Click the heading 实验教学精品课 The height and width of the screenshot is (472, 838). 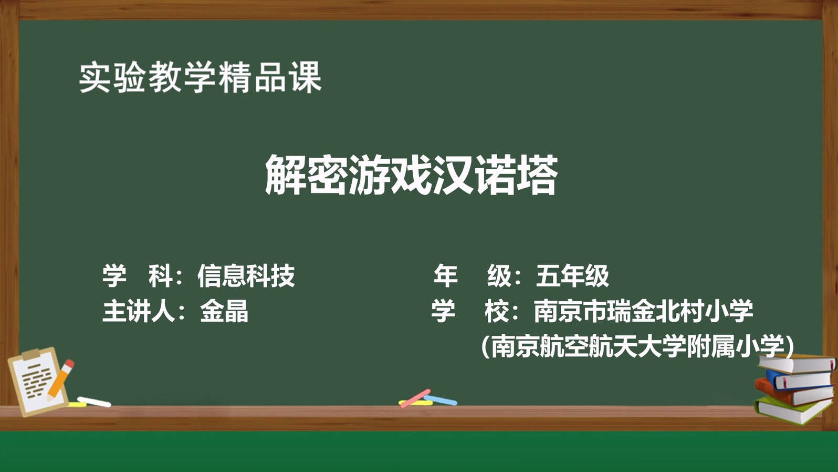[x=200, y=78]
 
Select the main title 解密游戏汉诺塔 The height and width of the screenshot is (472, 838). [x=412, y=175]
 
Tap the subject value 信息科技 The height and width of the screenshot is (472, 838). [x=246, y=276]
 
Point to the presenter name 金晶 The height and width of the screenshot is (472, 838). [x=224, y=311]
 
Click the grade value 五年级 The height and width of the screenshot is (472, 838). [x=572, y=276]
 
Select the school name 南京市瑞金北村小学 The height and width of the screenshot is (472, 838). [x=644, y=311]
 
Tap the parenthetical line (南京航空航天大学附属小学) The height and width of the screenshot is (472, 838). [x=637, y=346]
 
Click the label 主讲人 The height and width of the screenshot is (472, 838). [x=139, y=311]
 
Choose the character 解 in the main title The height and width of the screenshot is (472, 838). [x=286, y=175]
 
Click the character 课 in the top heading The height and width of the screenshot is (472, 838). [x=306, y=78]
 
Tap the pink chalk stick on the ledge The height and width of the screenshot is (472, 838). [x=415, y=398]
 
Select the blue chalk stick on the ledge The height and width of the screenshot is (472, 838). [x=441, y=400]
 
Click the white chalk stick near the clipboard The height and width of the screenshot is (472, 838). [x=94, y=402]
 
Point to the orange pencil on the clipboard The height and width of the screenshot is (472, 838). [x=60, y=380]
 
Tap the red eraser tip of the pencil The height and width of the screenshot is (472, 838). [x=69, y=364]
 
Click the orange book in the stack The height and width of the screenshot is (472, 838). [x=793, y=393]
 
